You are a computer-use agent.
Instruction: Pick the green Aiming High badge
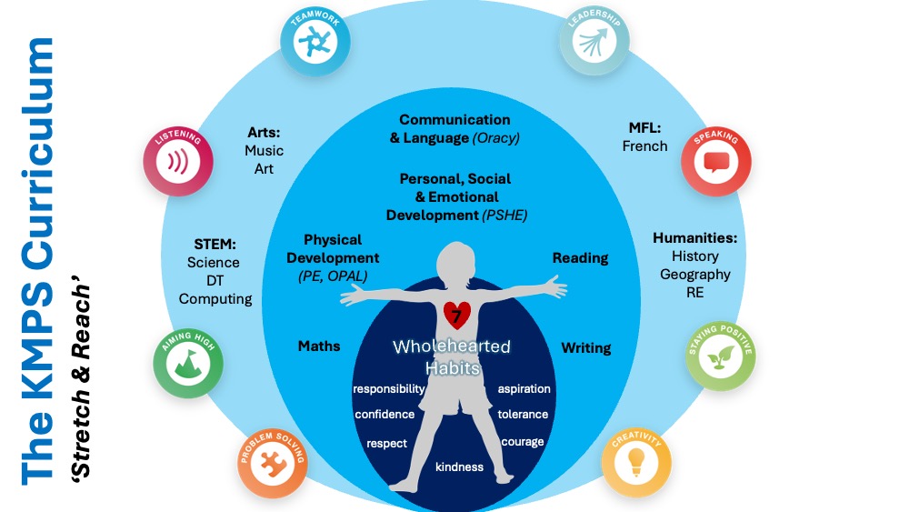tap(188, 361)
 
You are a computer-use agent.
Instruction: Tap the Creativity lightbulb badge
tap(637, 460)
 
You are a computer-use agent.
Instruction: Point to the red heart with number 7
tap(455, 315)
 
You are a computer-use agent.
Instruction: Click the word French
tap(644, 146)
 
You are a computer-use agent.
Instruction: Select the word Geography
tap(694, 274)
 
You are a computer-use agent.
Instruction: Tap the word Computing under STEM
tap(215, 298)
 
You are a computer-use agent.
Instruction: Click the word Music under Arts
tap(264, 150)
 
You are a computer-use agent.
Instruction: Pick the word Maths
tap(319, 346)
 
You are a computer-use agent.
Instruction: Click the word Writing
tap(585, 347)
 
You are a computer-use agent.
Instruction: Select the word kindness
tap(459, 467)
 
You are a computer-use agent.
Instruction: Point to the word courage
tap(522, 442)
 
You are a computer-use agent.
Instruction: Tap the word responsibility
tap(389, 389)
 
